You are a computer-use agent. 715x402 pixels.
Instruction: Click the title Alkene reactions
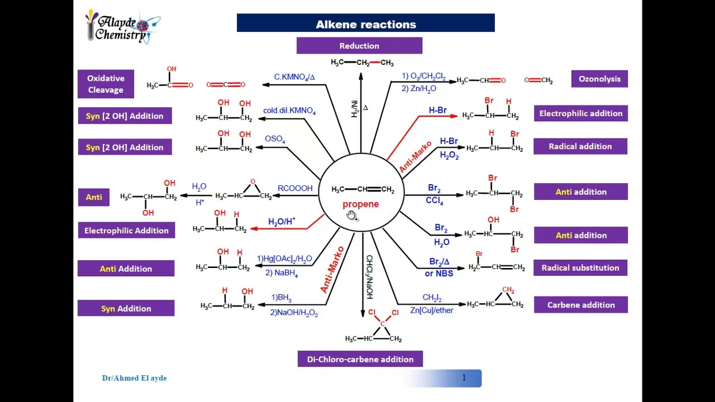(x=366, y=24)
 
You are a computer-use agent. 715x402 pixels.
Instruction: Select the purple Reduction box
(x=359, y=46)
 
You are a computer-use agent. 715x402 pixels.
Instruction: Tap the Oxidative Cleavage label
(x=106, y=84)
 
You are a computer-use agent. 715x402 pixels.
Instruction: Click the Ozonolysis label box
(x=599, y=79)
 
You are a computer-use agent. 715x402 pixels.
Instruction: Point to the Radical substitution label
(x=580, y=268)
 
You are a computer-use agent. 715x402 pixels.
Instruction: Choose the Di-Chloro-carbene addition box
(x=360, y=359)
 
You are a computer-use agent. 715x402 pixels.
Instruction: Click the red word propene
(x=360, y=204)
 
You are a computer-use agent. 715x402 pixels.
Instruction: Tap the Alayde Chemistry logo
(x=122, y=26)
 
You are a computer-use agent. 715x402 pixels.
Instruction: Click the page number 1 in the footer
(x=464, y=378)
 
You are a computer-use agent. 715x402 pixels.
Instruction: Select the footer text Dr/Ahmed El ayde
(x=134, y=378)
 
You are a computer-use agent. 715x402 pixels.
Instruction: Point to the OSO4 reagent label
(x=275, y=139)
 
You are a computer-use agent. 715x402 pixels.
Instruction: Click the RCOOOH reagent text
(x=295, y=189)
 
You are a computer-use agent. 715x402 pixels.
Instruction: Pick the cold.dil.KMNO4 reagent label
(x=289, y=111)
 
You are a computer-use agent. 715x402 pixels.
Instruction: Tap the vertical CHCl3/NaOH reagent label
(x=369, y=277)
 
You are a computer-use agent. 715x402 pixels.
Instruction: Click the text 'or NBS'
(x=438, y=274)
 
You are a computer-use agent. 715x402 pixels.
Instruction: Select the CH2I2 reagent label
(x=432, y=298)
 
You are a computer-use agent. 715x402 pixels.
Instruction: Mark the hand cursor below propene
(x=351, y=216)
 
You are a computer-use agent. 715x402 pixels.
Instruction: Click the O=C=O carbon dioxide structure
(x=226, y=85)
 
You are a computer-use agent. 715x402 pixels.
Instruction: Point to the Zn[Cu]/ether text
(x=431, y=310)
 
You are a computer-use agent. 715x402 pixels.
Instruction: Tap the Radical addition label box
(x=580, y=146)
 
